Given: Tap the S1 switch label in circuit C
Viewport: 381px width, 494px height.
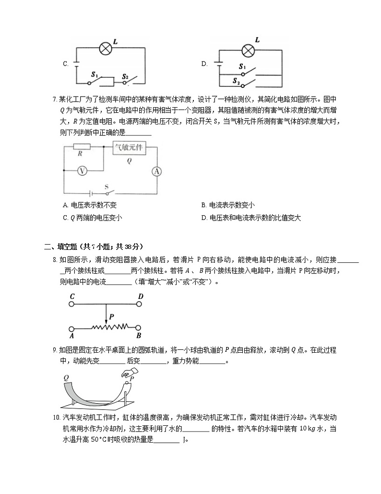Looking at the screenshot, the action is (x=95, y=75).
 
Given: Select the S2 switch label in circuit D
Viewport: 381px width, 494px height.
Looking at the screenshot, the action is (x=236, y=82).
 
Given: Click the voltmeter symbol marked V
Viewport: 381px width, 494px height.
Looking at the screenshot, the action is (x=82, y=170).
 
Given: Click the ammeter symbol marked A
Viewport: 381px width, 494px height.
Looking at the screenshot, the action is (x=155, y=171).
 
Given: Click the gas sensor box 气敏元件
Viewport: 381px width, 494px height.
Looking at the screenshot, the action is (x=129, y=148).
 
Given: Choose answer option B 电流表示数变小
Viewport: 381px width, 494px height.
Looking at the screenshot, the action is (x=227, y=205).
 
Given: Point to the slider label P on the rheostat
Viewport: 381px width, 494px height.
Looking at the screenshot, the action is (x=111, y=317).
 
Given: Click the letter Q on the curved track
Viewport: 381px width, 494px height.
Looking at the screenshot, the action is (x=66, y=378).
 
